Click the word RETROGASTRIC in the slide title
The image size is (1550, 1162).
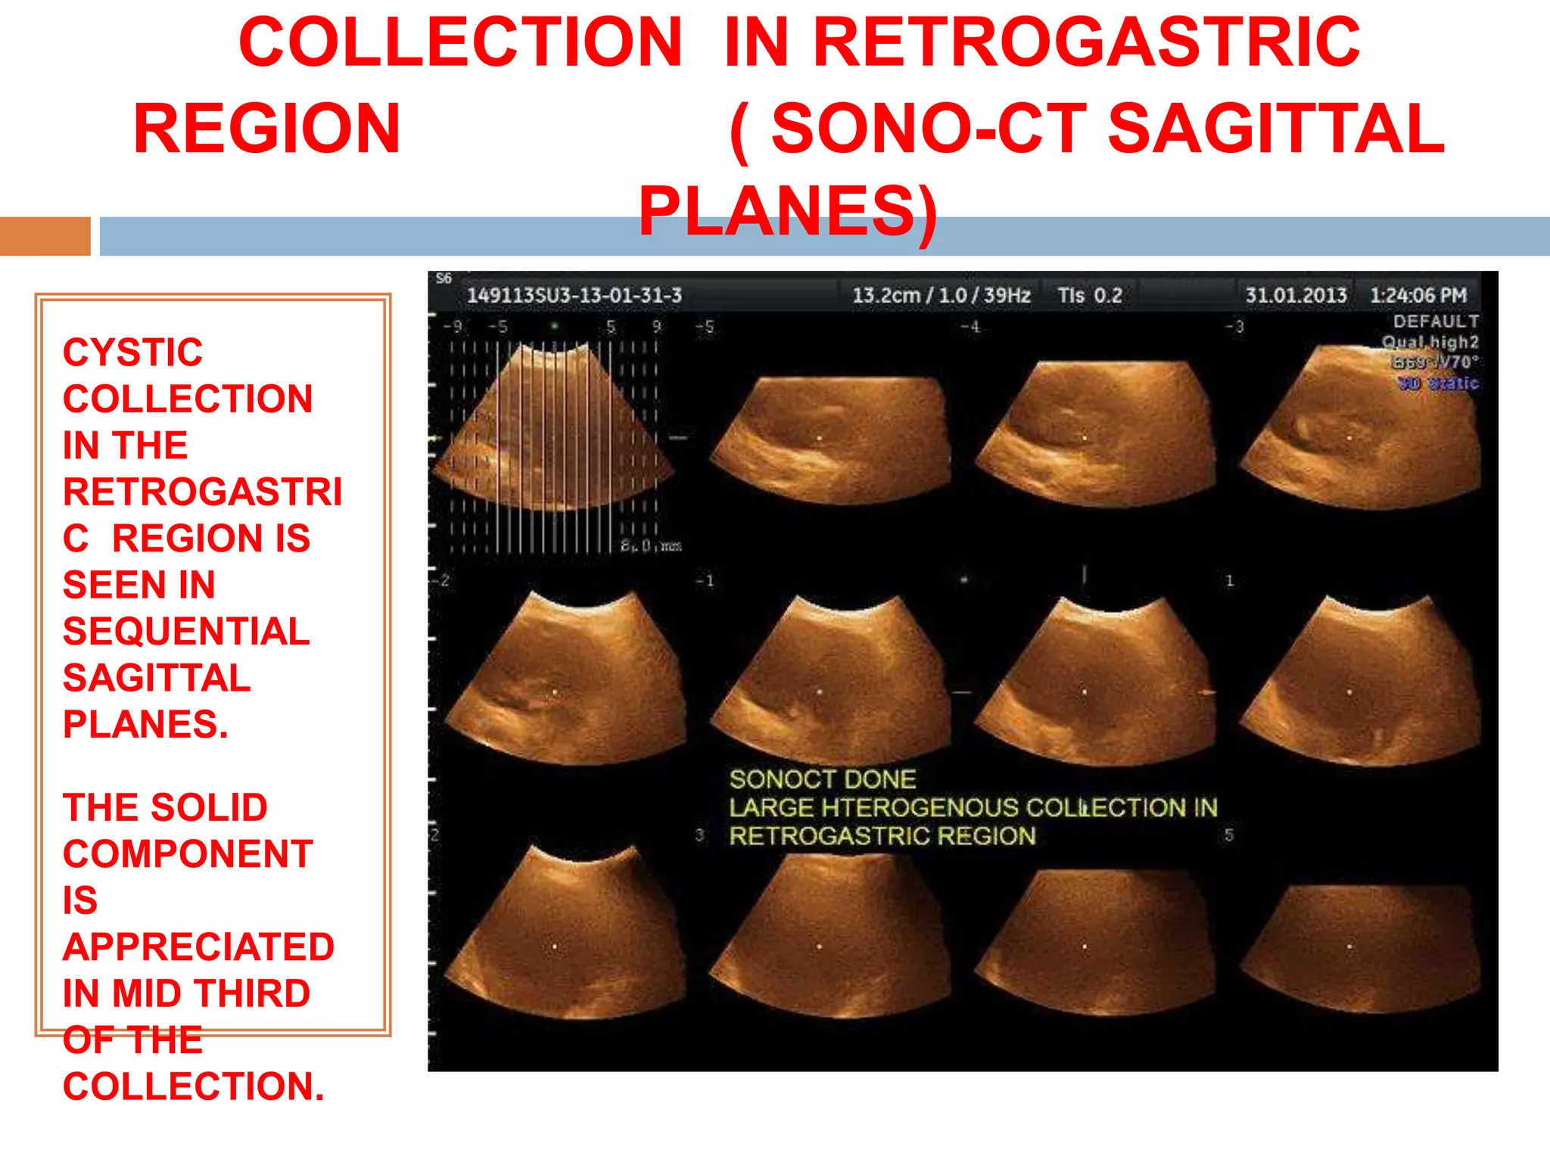point(1086,43)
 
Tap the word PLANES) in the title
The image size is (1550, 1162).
point(787,211)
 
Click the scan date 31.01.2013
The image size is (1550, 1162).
point(1295,295)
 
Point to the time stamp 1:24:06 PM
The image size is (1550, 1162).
point(1418,295)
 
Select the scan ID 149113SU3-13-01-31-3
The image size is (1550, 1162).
point(574,295)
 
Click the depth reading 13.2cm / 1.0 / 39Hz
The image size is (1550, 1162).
point(941,295)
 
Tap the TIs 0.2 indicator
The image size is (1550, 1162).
point(1089,295)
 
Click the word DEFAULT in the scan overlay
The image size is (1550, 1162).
point(1435,322)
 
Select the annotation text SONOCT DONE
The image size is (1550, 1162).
point(822,779)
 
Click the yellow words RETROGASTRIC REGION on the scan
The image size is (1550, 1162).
point(882,836)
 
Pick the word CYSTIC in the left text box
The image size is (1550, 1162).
point(132,353)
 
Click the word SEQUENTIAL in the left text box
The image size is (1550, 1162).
point(186,631)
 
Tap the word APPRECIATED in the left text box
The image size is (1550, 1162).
point(198,947)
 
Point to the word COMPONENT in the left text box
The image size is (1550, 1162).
point(188,854)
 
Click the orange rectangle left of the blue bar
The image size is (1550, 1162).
point(45,236)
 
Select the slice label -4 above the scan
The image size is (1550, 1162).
point(970,328)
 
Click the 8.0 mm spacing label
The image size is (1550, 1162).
point(651,545)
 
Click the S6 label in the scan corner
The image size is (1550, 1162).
point(444,278)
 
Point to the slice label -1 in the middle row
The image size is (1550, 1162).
point(705,581)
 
